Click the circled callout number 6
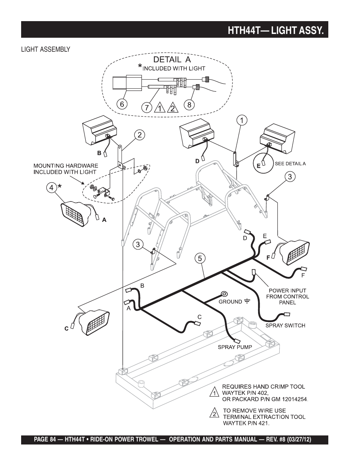tap(122, 104)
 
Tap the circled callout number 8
tap(189, 105)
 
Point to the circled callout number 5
tap(200, 258)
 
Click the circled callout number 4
tap(52, 187)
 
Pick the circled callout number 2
tap(139, 135)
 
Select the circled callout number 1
tap(242, 120)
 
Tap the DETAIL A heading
tap(172, 59)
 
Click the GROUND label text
tap(231, 301)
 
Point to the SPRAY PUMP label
tap(235, 347)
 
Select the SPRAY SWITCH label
tap(285, 325)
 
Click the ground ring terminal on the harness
tap(224, 294)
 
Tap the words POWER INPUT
tap(287, 291)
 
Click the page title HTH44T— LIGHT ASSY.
tap(275, 30)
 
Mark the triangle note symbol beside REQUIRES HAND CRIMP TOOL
tap(214, 392)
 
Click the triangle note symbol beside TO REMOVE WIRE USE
tap(214, 414)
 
